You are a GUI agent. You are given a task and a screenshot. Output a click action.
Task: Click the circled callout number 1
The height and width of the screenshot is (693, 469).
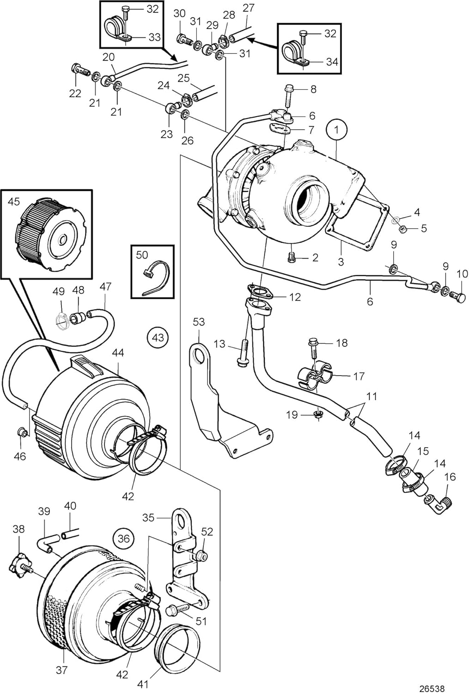click(336, 130)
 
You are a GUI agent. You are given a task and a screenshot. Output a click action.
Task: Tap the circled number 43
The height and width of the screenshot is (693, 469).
click(158, 338)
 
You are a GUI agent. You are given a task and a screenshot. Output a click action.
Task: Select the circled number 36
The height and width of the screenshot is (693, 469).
click(123, 538)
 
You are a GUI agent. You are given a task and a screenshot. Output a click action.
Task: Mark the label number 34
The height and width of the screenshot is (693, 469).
click(332, 61)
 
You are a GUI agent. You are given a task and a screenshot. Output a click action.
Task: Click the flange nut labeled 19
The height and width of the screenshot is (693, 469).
click(318, 414)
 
